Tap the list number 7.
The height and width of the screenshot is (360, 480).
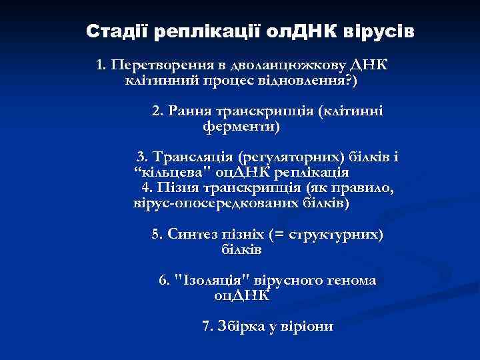pos(205,327)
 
